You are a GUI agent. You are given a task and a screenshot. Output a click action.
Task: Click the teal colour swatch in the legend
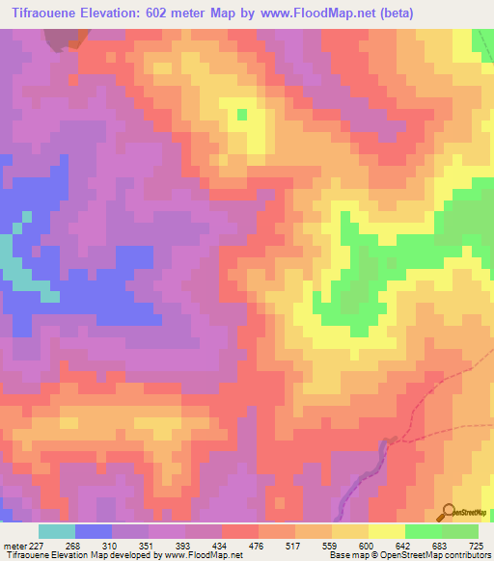(x=57, y=531)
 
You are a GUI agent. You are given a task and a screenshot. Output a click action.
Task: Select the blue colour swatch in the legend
(x=94, y=531)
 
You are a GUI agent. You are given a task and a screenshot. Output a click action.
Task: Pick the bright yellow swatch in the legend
(x=387, y=531)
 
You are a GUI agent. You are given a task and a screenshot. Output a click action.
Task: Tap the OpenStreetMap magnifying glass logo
(x=450, y=512)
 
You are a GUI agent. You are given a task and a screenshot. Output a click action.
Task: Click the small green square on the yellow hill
(x=241, y=114)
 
